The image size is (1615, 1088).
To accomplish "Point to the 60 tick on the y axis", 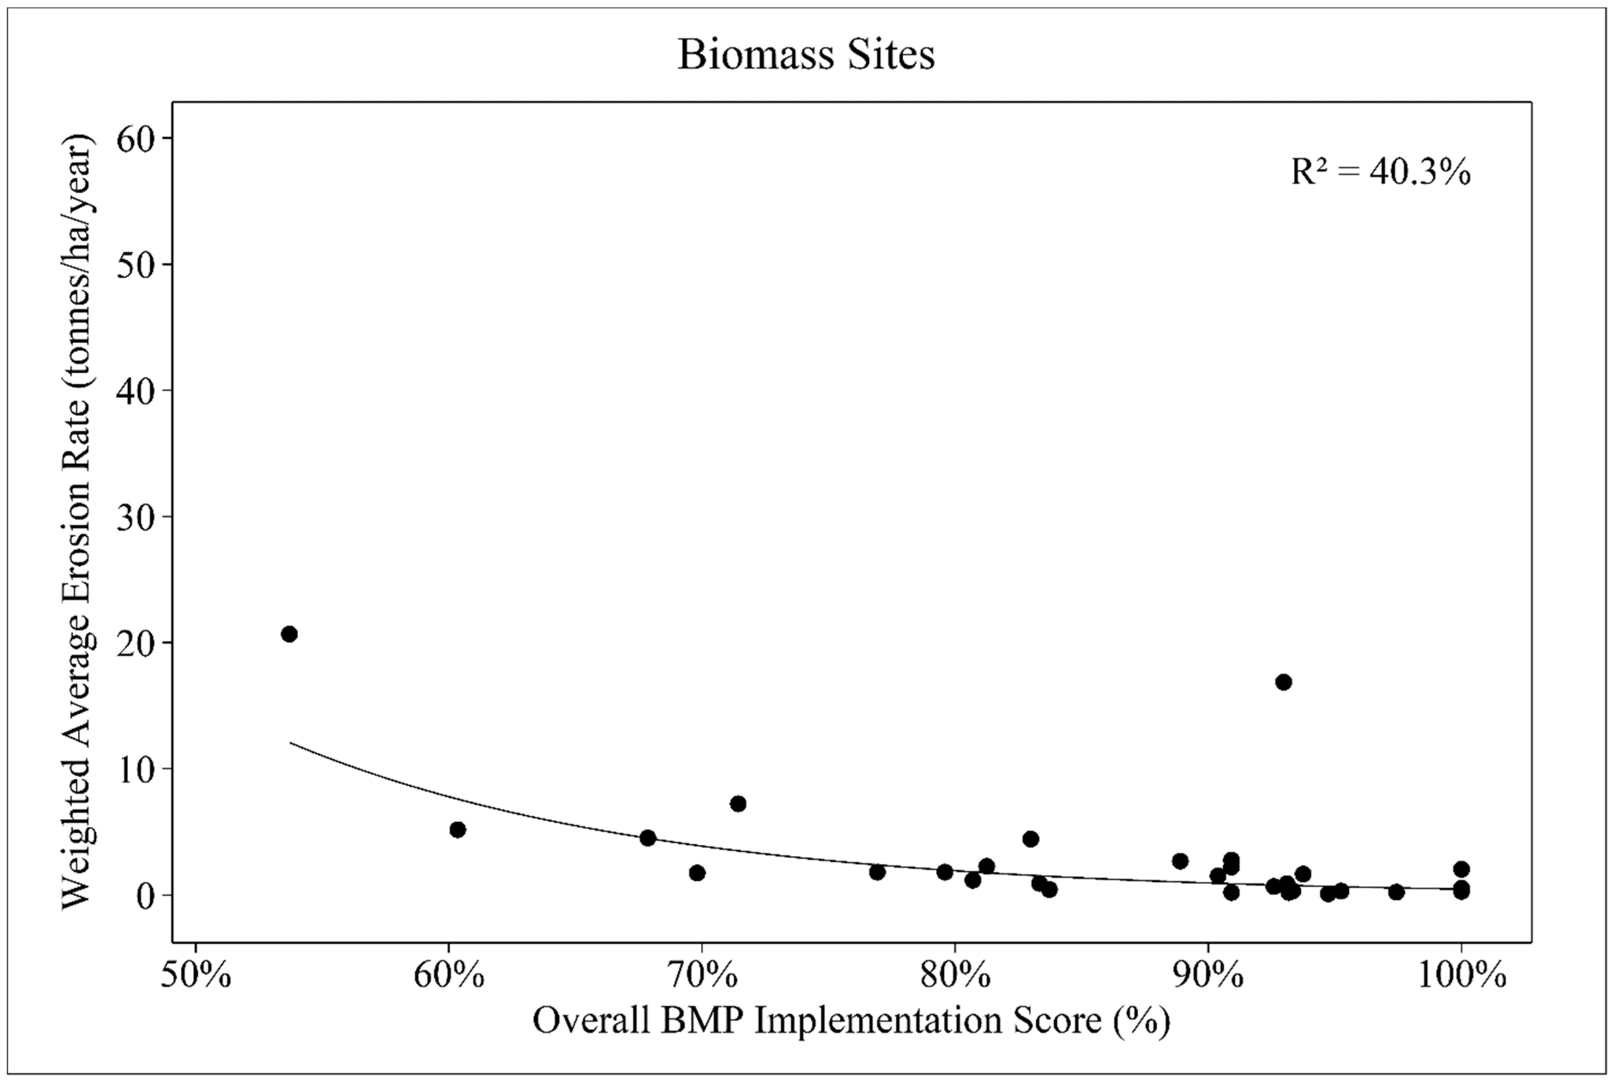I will click(x=135, y=139).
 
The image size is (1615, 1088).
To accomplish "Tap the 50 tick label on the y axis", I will click(x=135, y=265).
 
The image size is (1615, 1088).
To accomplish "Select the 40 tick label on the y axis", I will click(x=135, y=391).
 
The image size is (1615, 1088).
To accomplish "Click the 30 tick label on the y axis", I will click(x=135, y=518).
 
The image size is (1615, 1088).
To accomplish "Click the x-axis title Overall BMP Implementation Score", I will click(x=851, y=1021).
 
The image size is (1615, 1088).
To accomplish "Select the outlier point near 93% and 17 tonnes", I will click(x=1283, y=682).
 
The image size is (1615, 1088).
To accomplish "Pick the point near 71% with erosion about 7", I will click(x=738, y=803).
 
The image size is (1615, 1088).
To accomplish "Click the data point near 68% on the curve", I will click(x=648, y=838).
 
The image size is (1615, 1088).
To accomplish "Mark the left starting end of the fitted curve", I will click(x=290, y=743).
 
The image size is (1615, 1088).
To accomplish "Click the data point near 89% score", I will click(x=1180, y=861).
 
